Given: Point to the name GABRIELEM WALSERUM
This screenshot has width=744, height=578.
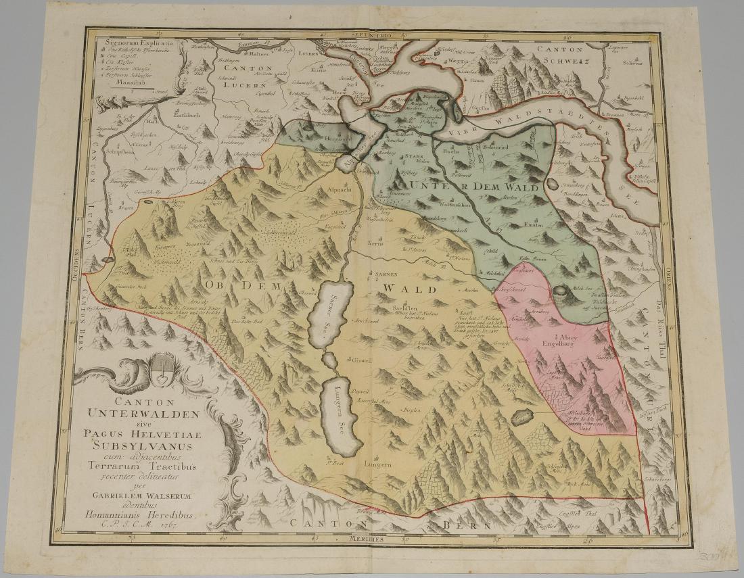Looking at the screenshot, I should (138, 493).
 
